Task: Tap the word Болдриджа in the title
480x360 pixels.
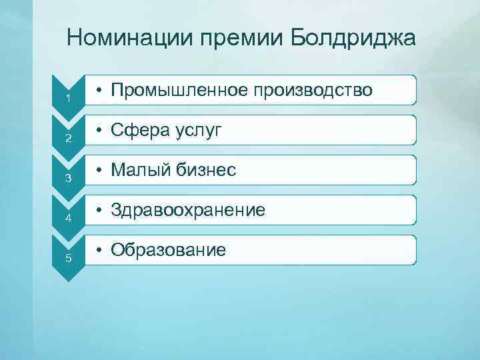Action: point(353,38)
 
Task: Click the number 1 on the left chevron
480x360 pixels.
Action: point(68,99)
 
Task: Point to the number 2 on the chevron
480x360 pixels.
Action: point(68,139)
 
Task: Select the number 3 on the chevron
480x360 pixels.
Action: point(68,179)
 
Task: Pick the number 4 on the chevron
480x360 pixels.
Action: point(68,219)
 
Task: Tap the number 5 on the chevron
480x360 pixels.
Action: point(68,259)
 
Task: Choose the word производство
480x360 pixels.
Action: point(315,90)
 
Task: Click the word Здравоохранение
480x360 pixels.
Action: point(188,211)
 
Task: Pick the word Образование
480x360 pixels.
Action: point(169,250)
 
